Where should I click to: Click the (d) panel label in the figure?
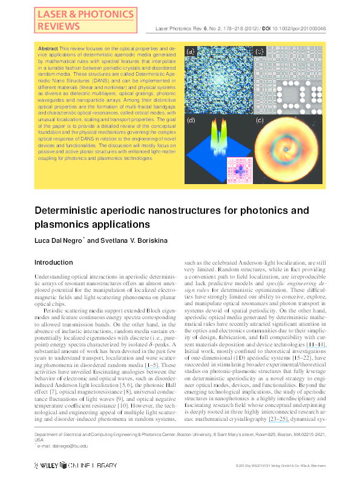coord(192,121)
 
